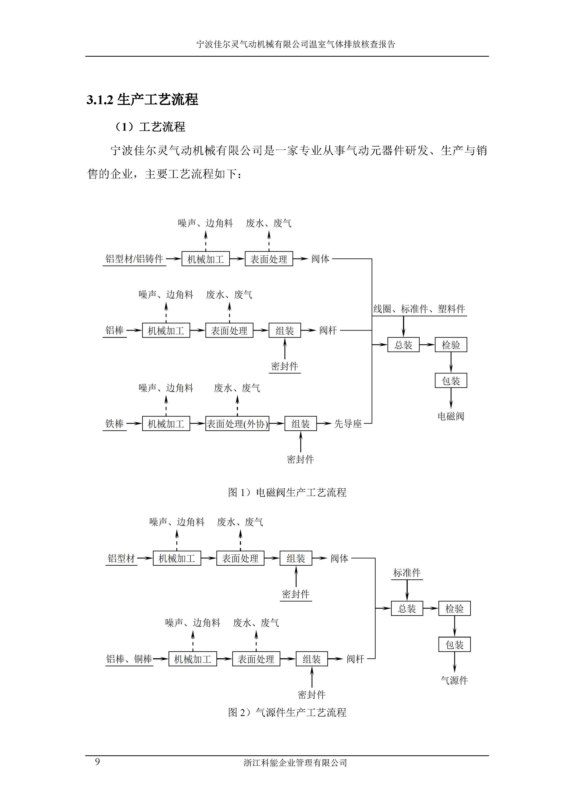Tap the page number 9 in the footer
97,761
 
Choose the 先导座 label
348,424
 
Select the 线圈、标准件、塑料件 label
419,309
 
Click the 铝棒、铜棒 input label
129,659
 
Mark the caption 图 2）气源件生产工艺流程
287,712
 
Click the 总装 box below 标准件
407,609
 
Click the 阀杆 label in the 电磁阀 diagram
328,330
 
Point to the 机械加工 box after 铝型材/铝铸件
205,259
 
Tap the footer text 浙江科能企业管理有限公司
295,763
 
